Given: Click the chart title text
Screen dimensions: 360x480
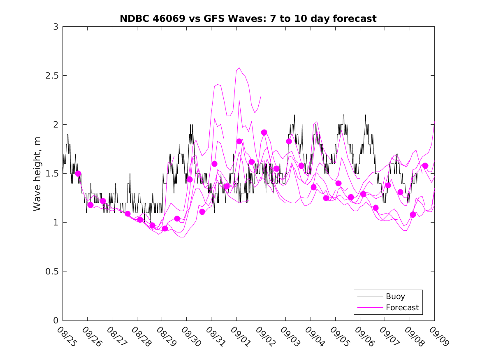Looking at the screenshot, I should pos(248,19).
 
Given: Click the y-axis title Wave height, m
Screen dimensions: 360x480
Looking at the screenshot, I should pos(37,174).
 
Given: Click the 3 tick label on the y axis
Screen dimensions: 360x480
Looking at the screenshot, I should pos(55,27).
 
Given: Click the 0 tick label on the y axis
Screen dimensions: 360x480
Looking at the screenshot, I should pos(55,321).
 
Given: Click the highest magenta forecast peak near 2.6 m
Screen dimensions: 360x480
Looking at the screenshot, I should pos(239,67).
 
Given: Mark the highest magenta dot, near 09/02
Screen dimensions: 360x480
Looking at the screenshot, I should pos(264,132).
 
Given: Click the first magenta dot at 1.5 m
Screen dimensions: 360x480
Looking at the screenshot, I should pos(78,174).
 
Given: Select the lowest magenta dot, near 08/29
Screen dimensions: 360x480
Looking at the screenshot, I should pos(165,228).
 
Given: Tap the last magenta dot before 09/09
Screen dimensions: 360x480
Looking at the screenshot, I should pos(425,166).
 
